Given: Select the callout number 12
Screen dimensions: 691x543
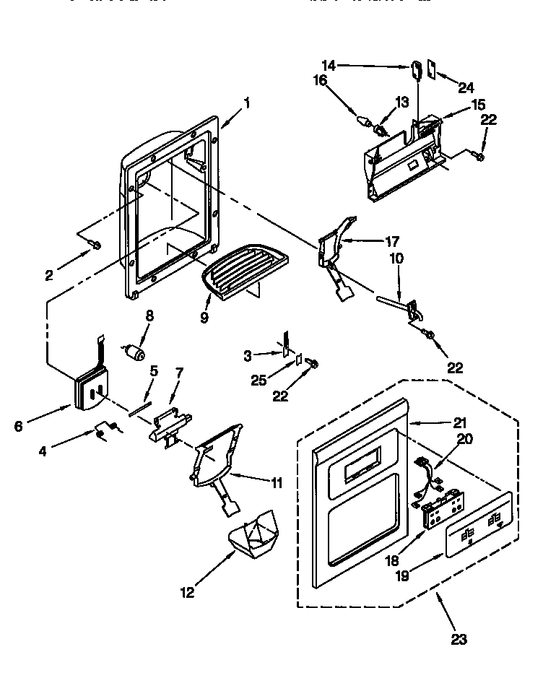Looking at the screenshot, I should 188,594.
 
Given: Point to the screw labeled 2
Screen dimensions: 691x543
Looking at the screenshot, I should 95,246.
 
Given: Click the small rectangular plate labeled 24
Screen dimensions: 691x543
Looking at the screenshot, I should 430,67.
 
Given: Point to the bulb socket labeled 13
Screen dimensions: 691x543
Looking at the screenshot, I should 378,130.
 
